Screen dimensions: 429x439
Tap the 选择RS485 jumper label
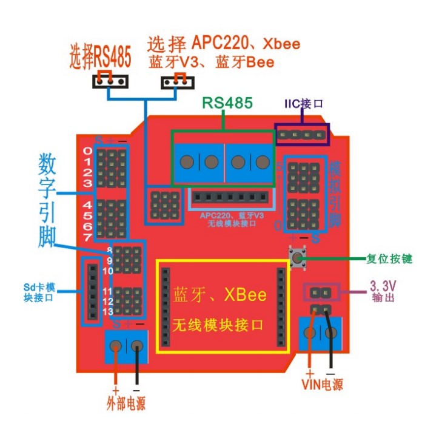point(101,58)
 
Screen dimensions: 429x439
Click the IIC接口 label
point(304,103)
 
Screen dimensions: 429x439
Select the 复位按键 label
point(390,258)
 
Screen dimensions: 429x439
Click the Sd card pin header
point(92,291)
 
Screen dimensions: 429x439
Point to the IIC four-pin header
point(303,135)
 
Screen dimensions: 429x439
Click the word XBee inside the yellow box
point(245,296)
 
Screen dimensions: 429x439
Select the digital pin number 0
point(89,150)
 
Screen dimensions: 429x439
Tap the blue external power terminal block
point(127,346)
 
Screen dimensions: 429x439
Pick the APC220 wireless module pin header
point(230,198)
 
